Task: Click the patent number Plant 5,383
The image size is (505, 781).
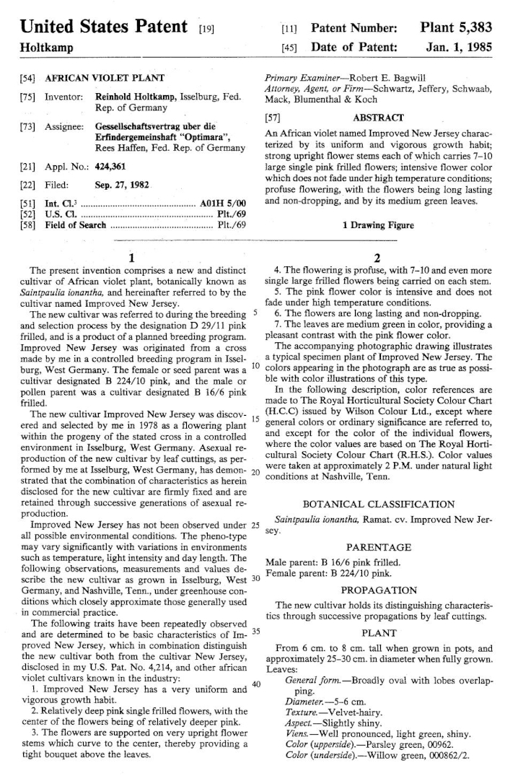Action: tap(457, 27)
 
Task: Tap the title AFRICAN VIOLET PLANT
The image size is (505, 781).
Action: tap(105, 77)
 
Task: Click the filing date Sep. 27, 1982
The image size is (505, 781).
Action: tap(123, 185)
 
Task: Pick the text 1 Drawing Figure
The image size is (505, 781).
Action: tap(378, 225)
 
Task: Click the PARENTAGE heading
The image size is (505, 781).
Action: tap(378, 548)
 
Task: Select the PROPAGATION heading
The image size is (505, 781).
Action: tap(378, 590)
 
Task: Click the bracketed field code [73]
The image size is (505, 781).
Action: tap(26, 126)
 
